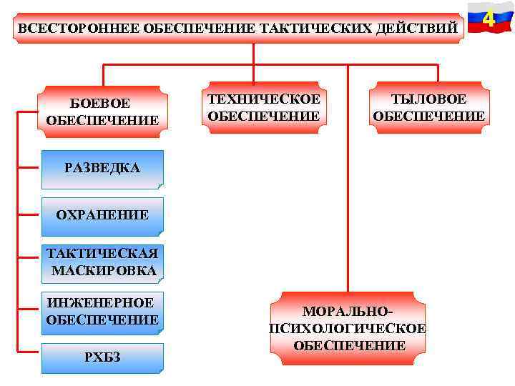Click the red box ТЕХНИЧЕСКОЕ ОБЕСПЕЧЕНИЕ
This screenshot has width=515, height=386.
tap(263, 107)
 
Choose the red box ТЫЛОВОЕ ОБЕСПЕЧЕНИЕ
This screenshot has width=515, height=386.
tap(428, 107)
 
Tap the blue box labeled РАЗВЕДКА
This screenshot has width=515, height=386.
tap(102, 169)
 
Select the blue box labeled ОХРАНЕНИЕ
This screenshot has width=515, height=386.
tap(102, 214)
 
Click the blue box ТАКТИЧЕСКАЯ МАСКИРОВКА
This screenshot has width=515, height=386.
tap(102, 262)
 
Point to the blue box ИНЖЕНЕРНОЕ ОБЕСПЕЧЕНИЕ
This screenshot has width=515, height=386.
tap(102, 311)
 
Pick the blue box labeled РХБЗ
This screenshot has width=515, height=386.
tap(102, 358)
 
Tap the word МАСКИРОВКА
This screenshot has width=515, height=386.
tap(104, 271)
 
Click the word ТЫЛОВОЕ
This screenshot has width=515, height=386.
tap(428, 99)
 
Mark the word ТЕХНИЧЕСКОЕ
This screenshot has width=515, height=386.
tap(263, 99)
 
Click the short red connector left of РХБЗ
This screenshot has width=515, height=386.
tap(30, 352)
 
